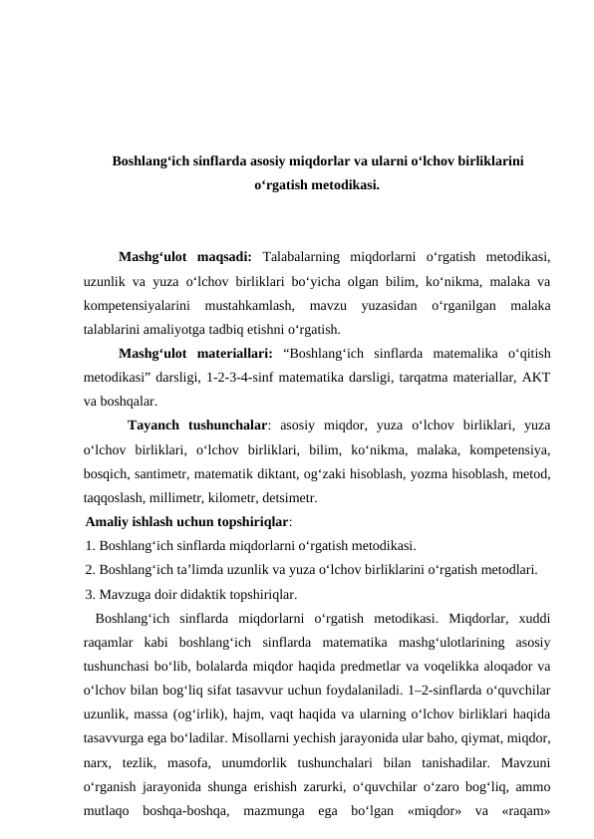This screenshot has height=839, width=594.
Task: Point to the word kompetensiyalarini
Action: (x=136, y=305)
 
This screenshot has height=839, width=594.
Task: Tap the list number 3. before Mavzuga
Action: (x=92, y=595)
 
